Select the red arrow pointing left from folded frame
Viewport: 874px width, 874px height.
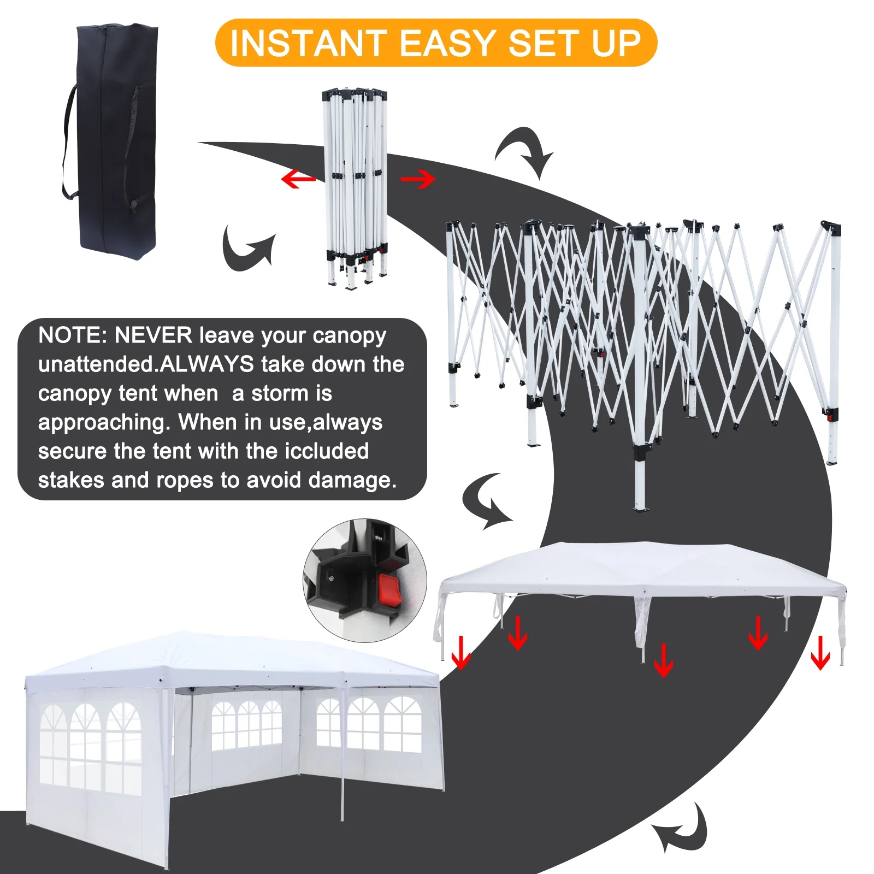coord(298,179)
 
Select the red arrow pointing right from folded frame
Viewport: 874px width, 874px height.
coord(418,179)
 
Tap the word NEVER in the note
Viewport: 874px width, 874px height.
coord(153,335)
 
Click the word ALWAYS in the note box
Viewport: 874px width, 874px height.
coord(208,364)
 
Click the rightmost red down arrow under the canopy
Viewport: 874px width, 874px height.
coord(820,653)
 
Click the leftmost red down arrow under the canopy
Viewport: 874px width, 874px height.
coord(461,653)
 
